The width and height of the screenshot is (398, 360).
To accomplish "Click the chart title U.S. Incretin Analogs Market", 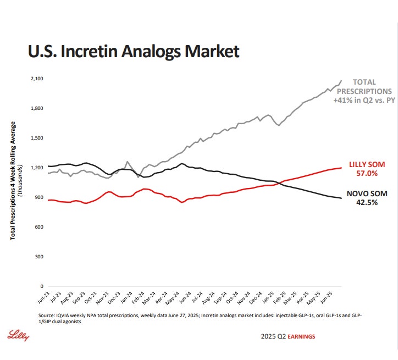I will tap(134, 52).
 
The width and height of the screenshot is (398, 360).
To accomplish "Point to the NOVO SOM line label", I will tap(366, 193).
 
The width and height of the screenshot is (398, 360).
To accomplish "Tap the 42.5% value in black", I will tap(367, 202).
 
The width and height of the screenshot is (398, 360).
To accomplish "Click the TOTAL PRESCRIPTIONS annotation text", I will tap(364, 87).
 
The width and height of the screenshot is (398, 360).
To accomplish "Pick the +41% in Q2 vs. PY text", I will tap(364, 101).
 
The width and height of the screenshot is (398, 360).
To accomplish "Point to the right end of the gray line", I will tap(341, 80).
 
